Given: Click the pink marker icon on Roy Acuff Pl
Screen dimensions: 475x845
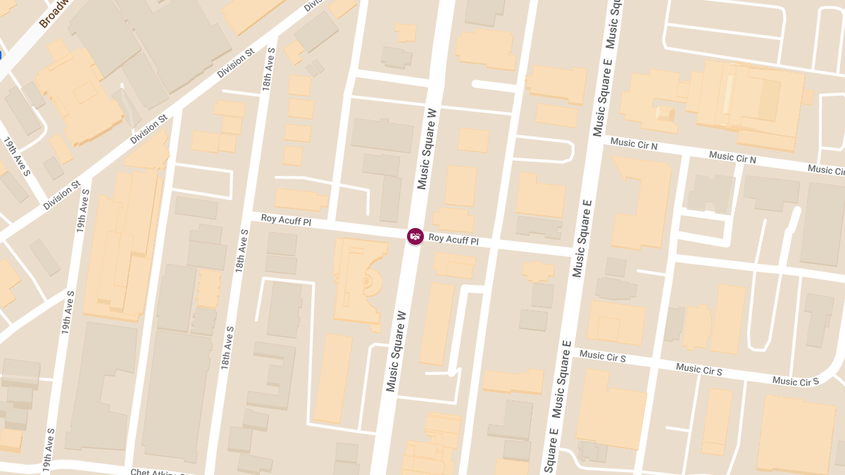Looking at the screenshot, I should (x=415, y=236).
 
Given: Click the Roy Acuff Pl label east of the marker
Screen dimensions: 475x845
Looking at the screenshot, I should (x=453, y=239).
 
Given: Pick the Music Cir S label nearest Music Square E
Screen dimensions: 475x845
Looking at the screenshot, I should (x=602, y=356).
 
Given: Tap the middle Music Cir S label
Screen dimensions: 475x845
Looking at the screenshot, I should (x=699, y=369).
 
